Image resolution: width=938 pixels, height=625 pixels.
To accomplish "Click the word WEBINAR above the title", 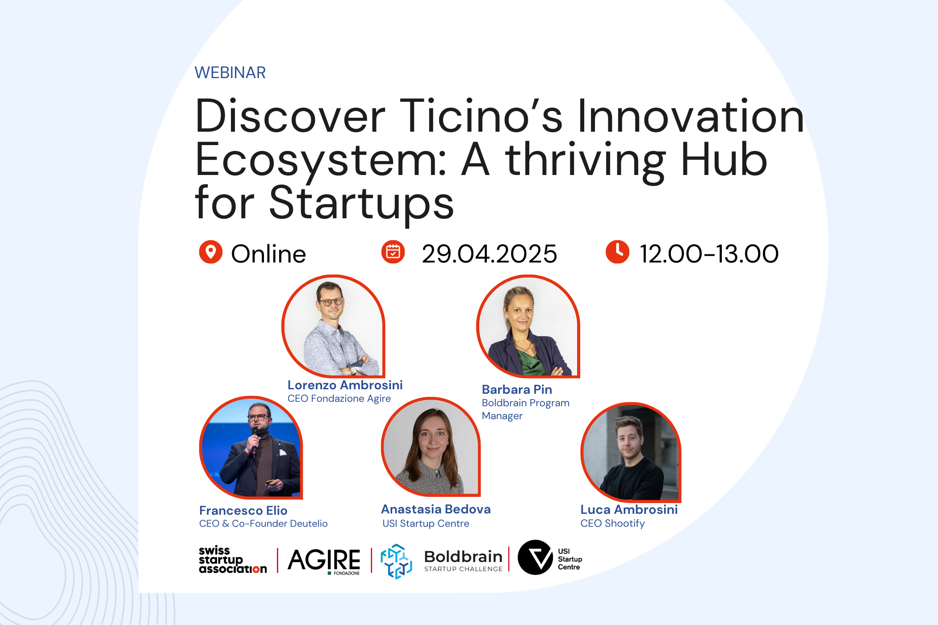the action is (x=230, y=72).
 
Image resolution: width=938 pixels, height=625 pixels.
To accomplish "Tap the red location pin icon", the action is (x=210, y=252).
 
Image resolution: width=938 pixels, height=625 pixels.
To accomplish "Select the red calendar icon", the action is (x=393, y=252).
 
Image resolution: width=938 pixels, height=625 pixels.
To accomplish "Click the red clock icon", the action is (x=617, y=252).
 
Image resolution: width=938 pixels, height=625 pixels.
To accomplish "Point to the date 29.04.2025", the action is (x=490, y=254).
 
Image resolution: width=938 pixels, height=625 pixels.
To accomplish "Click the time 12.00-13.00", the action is (x=709, y=254).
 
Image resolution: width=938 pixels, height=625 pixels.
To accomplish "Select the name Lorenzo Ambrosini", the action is (x=345, y=385).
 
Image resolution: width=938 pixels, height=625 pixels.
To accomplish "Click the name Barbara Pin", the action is (x=517, y=389).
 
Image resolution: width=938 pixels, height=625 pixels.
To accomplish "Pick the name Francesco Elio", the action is (x=243, y=510).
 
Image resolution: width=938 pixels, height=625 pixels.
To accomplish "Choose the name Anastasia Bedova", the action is (x=436, y=509).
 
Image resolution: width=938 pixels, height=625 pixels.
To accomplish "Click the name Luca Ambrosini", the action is (x=629, y=509).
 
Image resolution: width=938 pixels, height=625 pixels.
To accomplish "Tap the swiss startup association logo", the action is (x=233, y=559).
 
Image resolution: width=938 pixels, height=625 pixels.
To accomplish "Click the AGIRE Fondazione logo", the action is (x=324, y=561).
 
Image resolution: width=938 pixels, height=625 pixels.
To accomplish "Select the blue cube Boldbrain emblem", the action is (x=396, y=561).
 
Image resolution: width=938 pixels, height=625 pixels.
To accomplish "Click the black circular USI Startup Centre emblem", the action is (x=535, y=557).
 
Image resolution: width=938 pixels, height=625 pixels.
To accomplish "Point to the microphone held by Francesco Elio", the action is (x=255, y=440).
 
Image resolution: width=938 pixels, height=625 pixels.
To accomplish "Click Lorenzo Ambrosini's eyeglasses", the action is (x=331, y=302).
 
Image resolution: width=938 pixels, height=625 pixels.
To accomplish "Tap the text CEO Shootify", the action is (x=612, y=523).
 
